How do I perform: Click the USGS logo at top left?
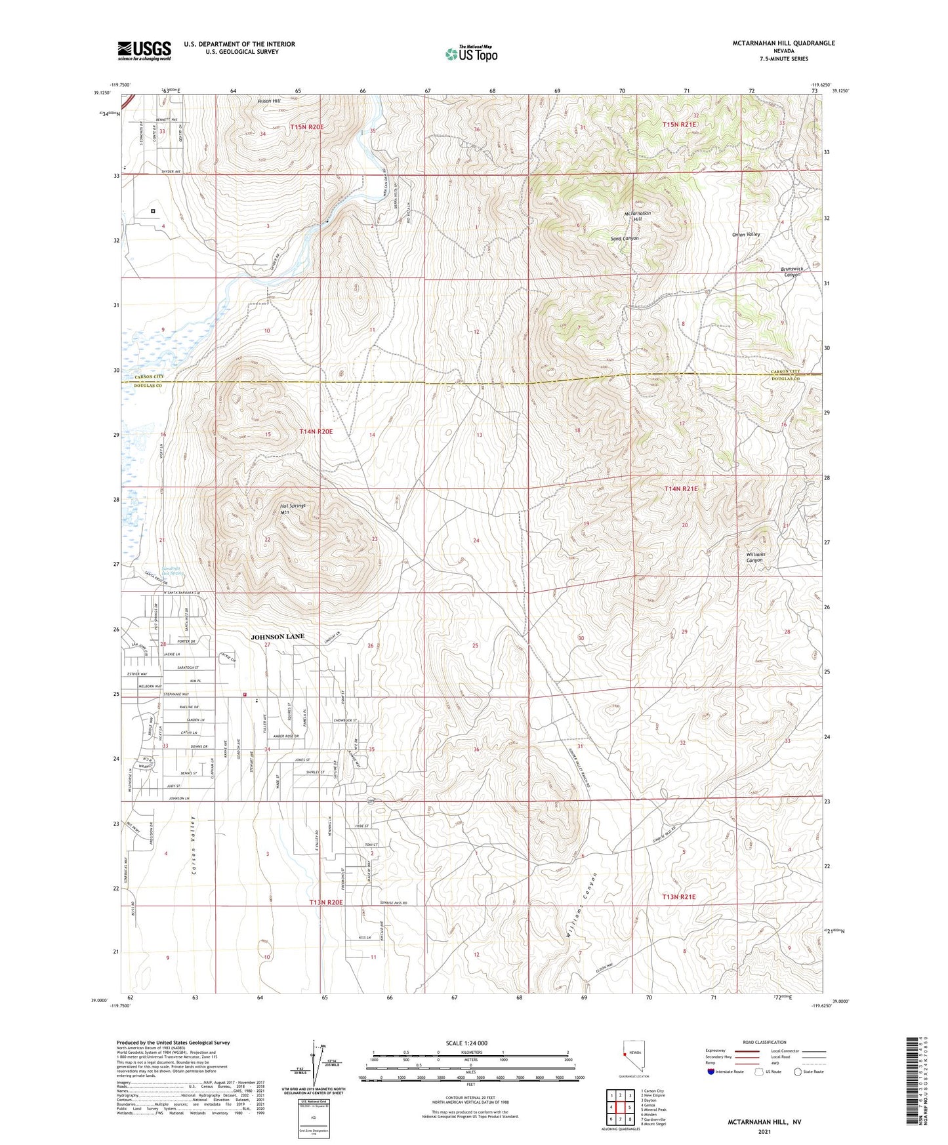point(144,50)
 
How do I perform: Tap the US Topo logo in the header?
point(471,54)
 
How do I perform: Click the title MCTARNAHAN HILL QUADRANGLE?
point(783,43)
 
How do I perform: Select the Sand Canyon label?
point(625,238)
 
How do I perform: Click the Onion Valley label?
point(746,234)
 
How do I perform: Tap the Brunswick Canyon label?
point(792,271)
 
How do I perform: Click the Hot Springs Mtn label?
point(293,509)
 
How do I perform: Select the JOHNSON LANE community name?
point(278,636)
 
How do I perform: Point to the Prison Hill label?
point(268,101)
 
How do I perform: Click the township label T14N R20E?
point(316,432)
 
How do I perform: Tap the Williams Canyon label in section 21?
point(755,557)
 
